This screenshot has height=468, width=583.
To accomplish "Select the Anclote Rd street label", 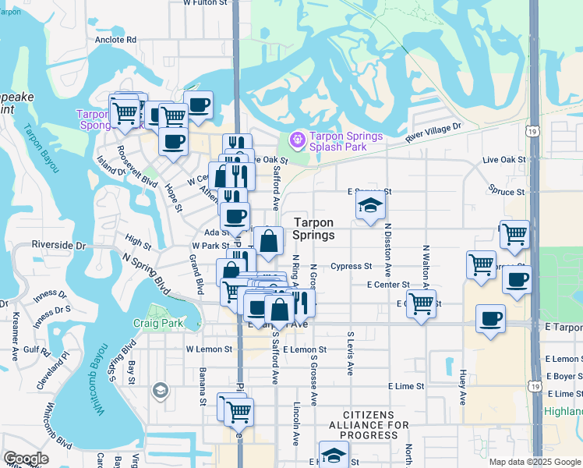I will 115,40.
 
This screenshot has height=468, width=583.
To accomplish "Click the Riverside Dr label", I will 58,245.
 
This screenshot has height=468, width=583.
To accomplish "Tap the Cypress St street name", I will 351,266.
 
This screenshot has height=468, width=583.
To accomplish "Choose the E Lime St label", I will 406,386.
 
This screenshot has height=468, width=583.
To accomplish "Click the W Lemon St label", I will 209,350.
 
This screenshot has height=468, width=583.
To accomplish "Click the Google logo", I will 26,459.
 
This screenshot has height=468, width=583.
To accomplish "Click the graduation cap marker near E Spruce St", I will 370,207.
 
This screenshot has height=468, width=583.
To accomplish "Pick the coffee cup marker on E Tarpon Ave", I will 490,319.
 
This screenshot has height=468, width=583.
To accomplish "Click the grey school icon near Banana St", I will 160,389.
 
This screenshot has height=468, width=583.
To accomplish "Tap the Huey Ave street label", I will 463,387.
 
